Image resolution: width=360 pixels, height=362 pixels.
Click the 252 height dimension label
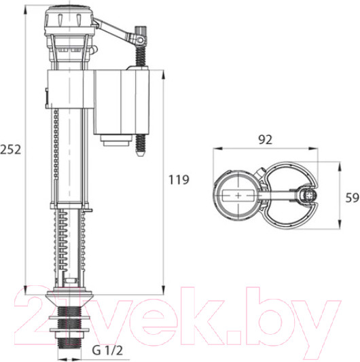click(10, 149)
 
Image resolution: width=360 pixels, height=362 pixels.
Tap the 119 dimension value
click(179, 179)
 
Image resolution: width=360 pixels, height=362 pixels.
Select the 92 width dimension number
click(265, 140)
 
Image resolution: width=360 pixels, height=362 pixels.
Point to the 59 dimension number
click(353, 198)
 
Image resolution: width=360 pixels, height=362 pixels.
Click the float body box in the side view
click(121, 102)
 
